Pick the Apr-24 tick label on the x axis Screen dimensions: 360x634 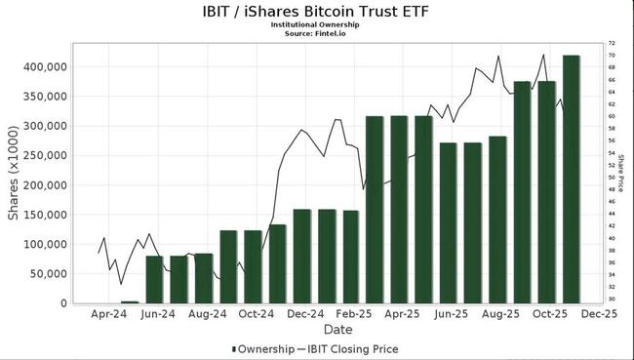tap(108, 315)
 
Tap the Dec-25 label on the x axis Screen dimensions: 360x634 tap(599, 315)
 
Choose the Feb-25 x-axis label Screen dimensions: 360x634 tap(354, 315)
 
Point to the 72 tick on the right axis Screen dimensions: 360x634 tap(612, 44)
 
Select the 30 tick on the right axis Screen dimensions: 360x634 tap(612, 299)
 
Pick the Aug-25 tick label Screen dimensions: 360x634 tap(500, 315)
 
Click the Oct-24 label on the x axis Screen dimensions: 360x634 tap(256, 315)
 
